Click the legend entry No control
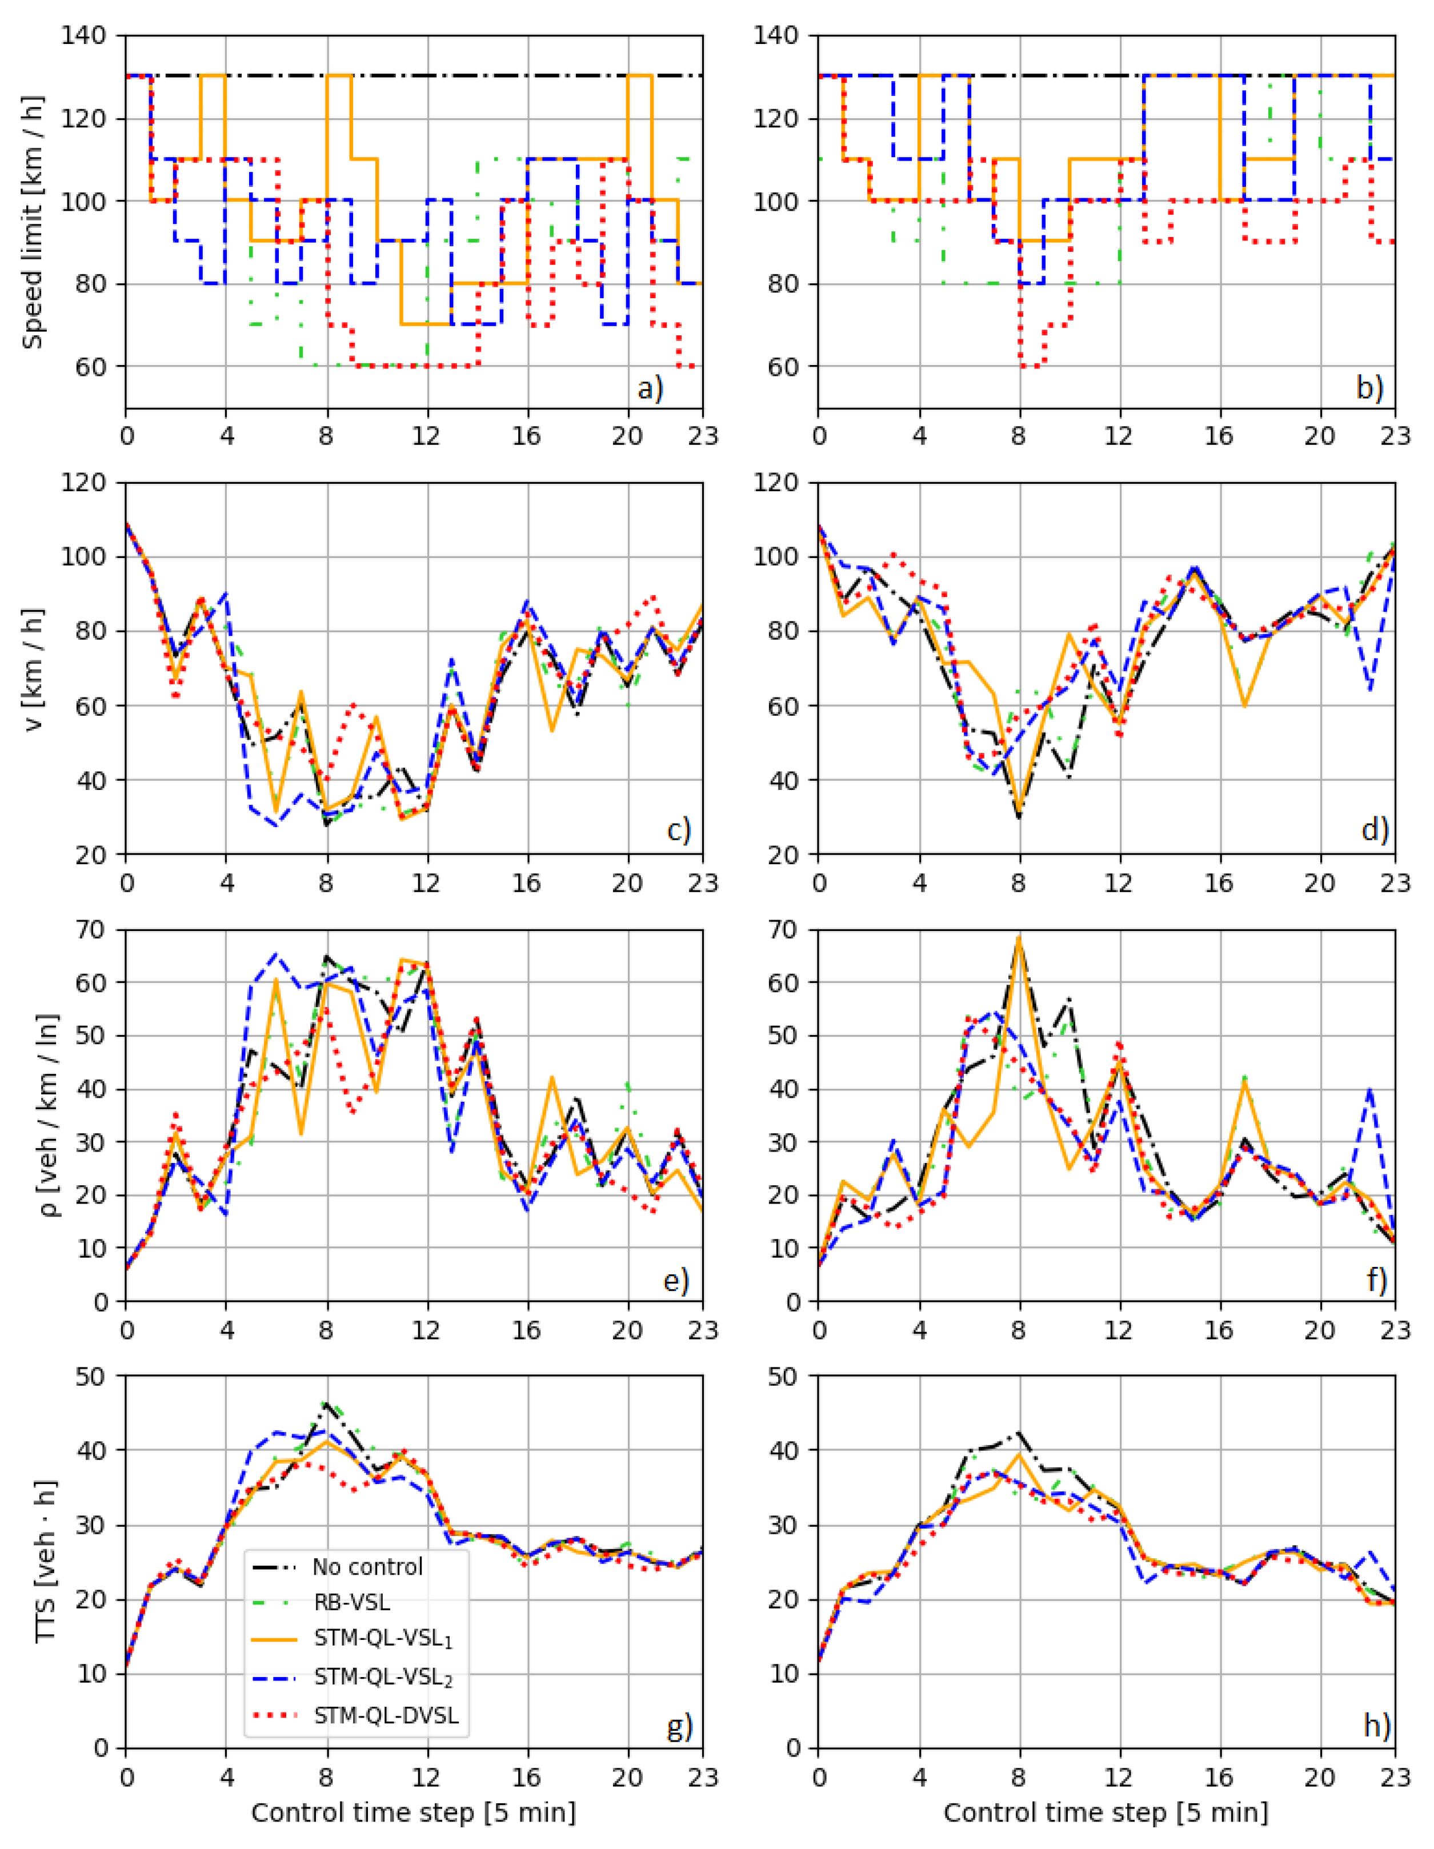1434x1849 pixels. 367,1567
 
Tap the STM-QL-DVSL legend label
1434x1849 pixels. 386,1715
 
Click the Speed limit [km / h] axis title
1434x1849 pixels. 32,222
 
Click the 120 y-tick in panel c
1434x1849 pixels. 89,483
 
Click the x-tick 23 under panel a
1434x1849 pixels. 702,436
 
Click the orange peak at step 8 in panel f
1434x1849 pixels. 1019,936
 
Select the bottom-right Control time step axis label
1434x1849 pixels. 1105,1812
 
